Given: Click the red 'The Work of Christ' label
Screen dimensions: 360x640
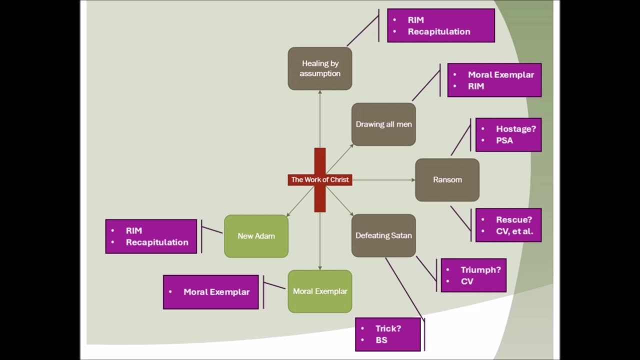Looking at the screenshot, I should (x=320, y=179).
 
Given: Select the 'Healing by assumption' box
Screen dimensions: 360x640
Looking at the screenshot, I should (x=320, y=68).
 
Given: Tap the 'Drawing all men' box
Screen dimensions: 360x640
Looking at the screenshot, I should (x=383, y=124).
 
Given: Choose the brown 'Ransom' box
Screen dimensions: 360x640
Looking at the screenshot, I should (x=447, y=180).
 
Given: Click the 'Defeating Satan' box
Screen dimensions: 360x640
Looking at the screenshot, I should (x=383, y=235).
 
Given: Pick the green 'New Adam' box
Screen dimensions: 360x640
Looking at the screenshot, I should (x=256, y=236).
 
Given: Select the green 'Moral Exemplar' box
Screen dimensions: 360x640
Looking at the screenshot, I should (x=320, y=291).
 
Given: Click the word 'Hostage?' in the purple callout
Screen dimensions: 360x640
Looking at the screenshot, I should (x=515, y=129).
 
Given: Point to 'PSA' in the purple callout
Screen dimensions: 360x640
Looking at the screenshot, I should (x=504, y=140).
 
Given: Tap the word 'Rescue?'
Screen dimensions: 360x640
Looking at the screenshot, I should (x=514, y=220).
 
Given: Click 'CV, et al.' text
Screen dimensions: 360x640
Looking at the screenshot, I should (x=514, y=231).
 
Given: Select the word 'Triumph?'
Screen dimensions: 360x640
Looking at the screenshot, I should (x=480, y=270).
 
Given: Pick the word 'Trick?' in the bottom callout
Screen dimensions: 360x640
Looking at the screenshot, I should (x=388, y=328).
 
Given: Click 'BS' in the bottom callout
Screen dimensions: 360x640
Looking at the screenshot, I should (x=381, y=340).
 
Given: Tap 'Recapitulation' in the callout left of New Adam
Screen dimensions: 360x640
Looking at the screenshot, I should (x=157, y=242).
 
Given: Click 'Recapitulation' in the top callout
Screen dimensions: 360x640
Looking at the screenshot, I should (x=438, y=31).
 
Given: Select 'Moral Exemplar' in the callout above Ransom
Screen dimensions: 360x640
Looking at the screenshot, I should (x=500, y=75).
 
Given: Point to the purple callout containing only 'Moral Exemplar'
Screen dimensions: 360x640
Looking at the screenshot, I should (x=211, y=292).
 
